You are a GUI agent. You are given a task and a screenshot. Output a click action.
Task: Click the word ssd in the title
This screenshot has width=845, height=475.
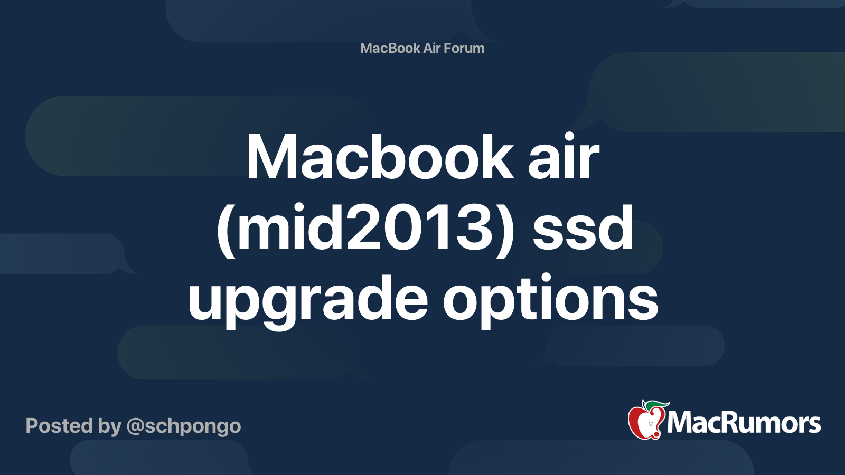[x=583, y=229]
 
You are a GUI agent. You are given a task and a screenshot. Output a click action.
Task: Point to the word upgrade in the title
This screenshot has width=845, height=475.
[x=308, y=301]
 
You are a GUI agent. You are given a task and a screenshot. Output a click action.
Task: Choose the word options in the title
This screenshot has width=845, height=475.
[x=550, y=301]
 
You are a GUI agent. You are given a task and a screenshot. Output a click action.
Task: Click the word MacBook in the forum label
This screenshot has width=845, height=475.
[x=390, y=48]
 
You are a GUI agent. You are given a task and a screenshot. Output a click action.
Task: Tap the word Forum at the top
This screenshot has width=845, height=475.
[x=464, y=48]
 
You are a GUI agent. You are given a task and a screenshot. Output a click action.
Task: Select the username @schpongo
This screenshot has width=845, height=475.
[x=184, y=426]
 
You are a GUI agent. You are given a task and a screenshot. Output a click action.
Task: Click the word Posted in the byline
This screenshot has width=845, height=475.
[x=59, y=426]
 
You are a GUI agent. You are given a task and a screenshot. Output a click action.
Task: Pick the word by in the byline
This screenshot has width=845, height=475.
[x=109, y=426]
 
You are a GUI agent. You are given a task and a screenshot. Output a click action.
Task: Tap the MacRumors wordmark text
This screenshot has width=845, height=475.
[x=744, y=423]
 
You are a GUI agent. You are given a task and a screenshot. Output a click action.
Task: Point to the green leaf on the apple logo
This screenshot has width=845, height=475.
[x=658, y=405]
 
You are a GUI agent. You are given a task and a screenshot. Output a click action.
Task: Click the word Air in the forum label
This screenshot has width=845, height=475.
[x=431, y=48]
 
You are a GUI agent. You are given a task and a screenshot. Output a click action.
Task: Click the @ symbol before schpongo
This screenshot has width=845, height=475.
[x=135, y=426]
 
